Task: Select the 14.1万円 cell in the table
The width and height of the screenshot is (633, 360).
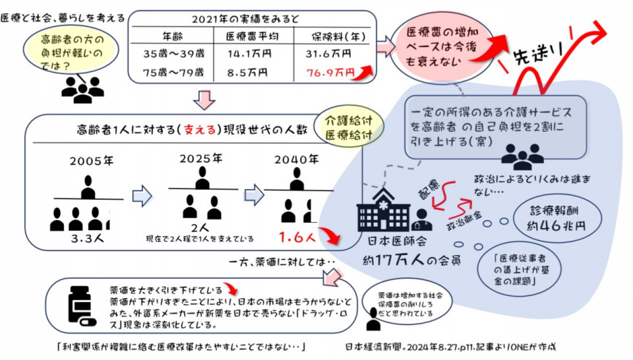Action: pos(247,53)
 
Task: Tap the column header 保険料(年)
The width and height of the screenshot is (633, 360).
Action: pos(342,36)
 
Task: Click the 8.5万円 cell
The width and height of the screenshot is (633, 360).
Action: pos(247,72)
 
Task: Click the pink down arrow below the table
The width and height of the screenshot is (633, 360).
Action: pos(205,100)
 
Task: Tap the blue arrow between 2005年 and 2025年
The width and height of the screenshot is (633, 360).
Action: pos(142,195)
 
